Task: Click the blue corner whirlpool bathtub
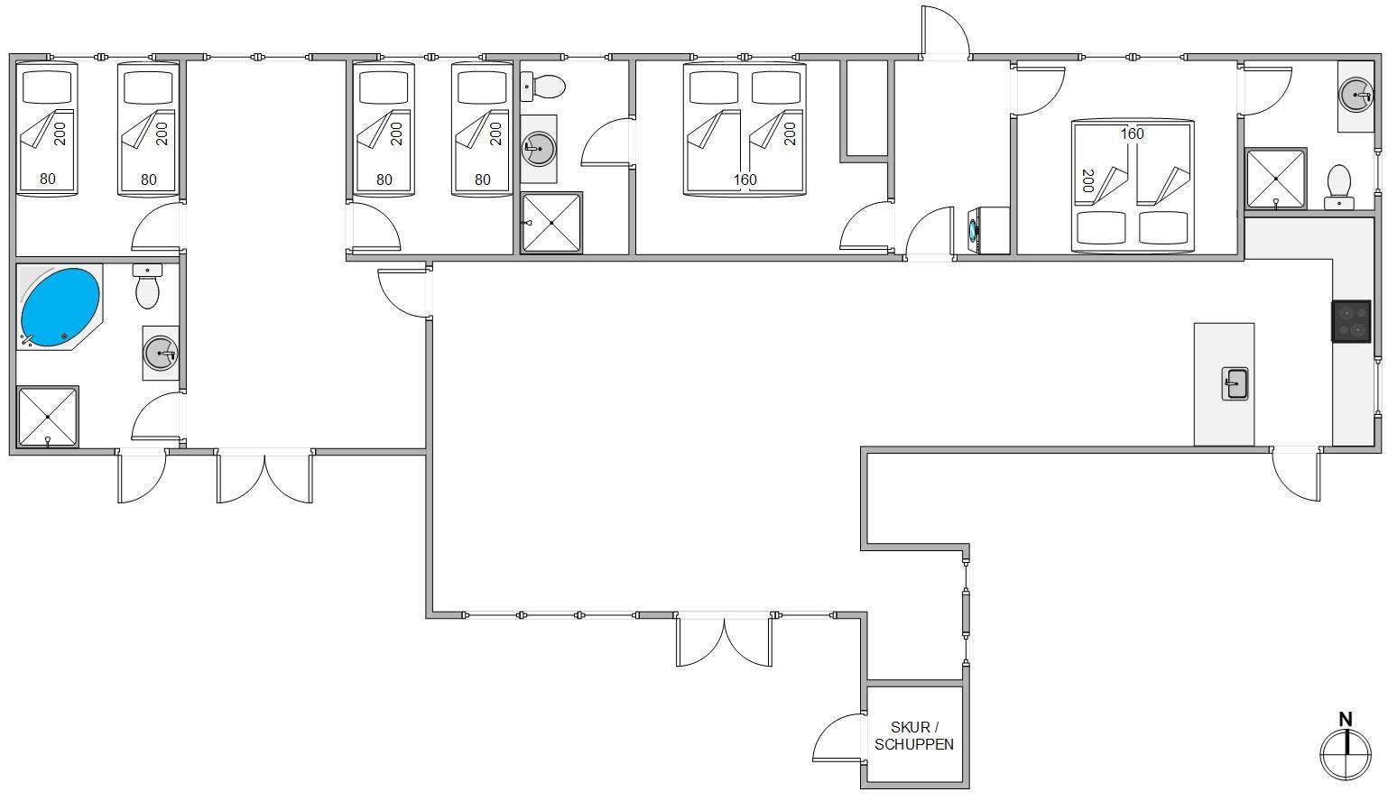click(x=60, y=308)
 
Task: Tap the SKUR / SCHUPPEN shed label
click(x=913, y=735)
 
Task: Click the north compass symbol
click(x=1346, y=754)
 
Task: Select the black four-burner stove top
click(x=1351, y=321)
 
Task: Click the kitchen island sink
click(x=1235, y=383)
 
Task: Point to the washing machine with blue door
click(x=988, y=231)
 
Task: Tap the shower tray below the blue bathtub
click(x=48, y=417)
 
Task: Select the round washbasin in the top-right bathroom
click(x=1356, y=96)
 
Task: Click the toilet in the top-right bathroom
click(x=1339, y=187)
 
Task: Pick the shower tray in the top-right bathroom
click(x=1275, y=178)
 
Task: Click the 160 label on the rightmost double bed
click(x=1132, y=133)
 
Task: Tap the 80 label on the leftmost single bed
click(x=48, y=179)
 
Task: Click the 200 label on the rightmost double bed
click(x=1088, y=180)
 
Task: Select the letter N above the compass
click(x=1346, y=719)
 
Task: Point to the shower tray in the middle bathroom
click(x=552, y=223)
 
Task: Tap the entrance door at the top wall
click(x=946, y=32)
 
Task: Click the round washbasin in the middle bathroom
click(x=538, y=148)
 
